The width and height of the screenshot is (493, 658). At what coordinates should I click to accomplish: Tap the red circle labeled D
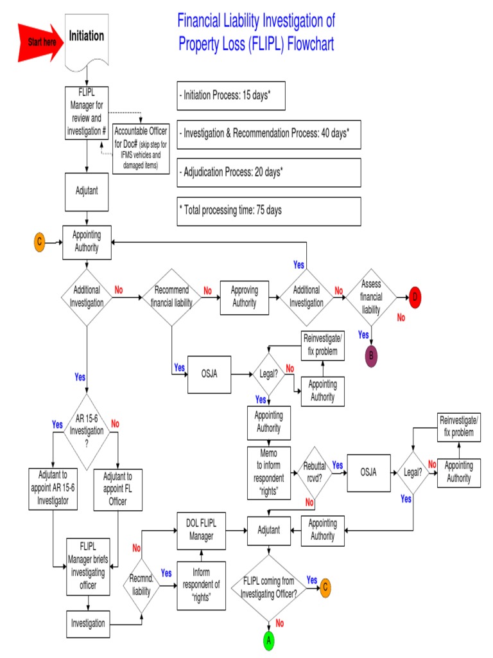click(415, 296)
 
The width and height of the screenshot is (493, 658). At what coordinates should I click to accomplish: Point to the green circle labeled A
click(269, 641)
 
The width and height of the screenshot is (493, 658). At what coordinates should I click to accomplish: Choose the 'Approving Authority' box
click(244, 297)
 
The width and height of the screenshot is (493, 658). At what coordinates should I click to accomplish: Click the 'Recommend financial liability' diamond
click(171, 297)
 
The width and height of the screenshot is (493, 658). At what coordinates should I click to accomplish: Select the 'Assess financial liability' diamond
click(371, 297)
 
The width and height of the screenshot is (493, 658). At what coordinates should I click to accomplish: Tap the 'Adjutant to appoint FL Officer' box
click(118, 489)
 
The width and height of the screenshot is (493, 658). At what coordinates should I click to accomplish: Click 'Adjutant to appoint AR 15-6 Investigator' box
click(53, 489)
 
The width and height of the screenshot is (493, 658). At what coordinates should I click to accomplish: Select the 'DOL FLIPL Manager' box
click(202, 531)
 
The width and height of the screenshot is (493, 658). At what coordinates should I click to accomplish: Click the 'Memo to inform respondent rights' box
click(269, 474)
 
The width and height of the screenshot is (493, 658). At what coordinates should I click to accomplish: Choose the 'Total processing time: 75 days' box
click(268, 211)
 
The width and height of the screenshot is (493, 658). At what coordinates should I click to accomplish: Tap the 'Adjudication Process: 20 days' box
click(268, 172)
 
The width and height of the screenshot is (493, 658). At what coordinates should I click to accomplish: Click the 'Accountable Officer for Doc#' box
click(141, 147)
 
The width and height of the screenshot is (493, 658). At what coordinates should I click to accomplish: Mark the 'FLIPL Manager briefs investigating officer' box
click(89, 567)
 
